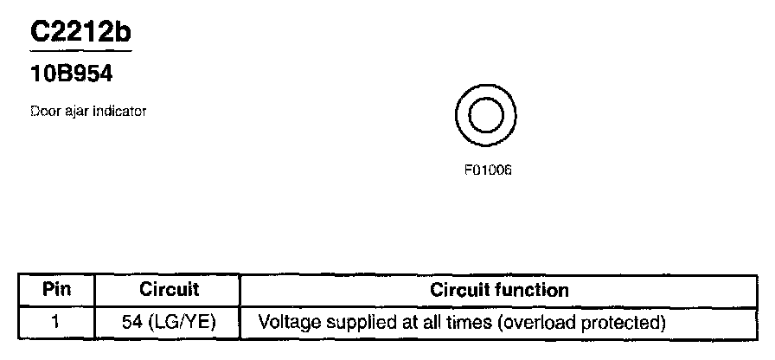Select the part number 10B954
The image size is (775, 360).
tap(72, 75)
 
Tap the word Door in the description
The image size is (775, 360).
tap(43, 111)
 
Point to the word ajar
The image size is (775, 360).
tap(76, 111)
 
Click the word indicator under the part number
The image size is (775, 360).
tap(118, 111)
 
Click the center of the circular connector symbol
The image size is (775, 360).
tap(485, 115)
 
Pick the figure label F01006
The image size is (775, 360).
tap(488, 170)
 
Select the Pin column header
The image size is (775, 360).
tap(56, 290)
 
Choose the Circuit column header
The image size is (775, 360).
tap(169, 290)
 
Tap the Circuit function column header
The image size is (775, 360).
tap(499, 290)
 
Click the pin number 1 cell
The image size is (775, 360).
tap(55, 324)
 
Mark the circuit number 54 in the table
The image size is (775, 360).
tap(133, 324)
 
